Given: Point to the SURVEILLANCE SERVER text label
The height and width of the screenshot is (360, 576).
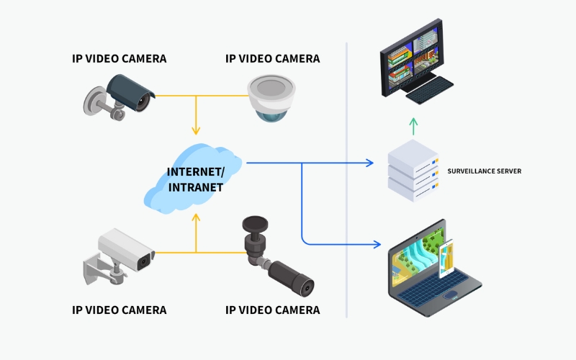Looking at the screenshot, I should click(484, 171).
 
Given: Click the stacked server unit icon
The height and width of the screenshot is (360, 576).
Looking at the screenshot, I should click(413, 171).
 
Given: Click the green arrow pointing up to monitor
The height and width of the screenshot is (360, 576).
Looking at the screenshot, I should click(413, 126).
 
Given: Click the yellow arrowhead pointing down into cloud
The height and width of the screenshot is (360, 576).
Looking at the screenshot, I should click(195, 131).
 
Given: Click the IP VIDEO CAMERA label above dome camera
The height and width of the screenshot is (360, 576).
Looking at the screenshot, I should click(272, 58).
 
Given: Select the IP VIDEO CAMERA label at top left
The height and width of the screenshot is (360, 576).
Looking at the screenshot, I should click(120, 58).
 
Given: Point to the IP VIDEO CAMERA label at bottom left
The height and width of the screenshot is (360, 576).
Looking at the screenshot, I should click(120, 310).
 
